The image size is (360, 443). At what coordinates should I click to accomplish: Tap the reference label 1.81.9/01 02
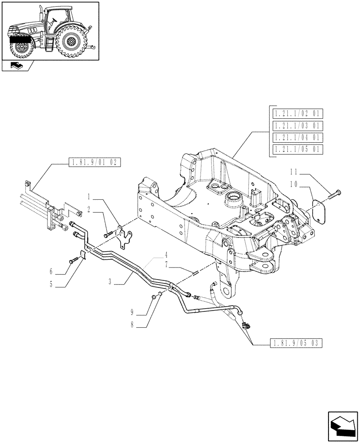pos(94,163)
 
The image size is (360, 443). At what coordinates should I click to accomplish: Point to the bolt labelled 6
pos(72,262)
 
